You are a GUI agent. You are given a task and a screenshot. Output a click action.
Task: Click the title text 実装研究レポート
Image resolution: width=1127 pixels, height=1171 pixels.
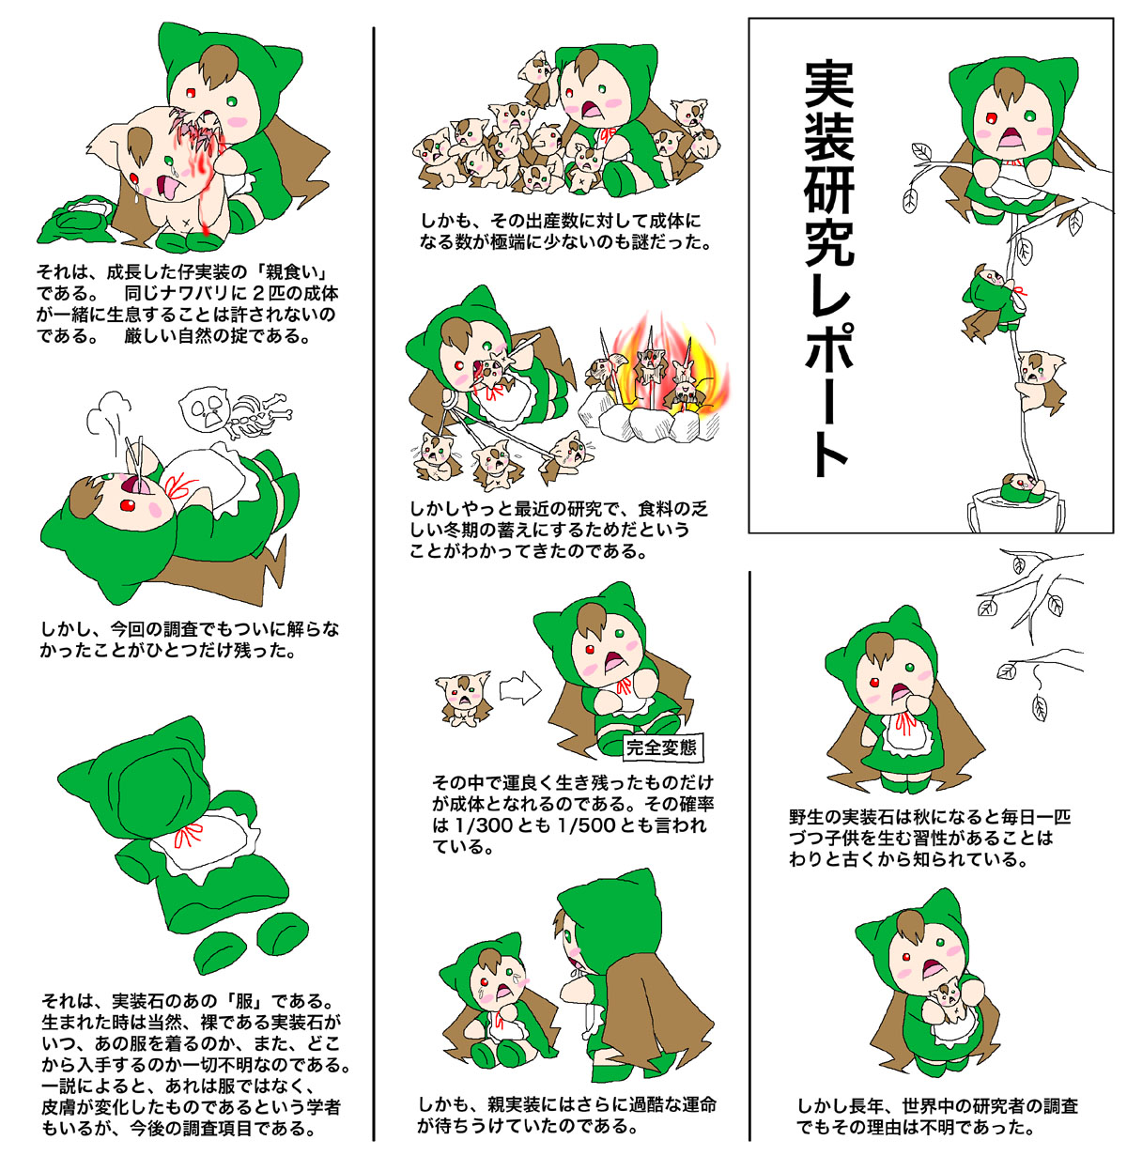point(830,269)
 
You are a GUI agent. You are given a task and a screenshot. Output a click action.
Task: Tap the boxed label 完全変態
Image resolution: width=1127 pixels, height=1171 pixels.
point(660,747)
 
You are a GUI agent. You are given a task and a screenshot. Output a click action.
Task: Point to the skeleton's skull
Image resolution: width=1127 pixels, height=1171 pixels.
point(206,408)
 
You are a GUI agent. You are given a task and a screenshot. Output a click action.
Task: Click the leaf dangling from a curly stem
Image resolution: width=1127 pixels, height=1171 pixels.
point(1039,706)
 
